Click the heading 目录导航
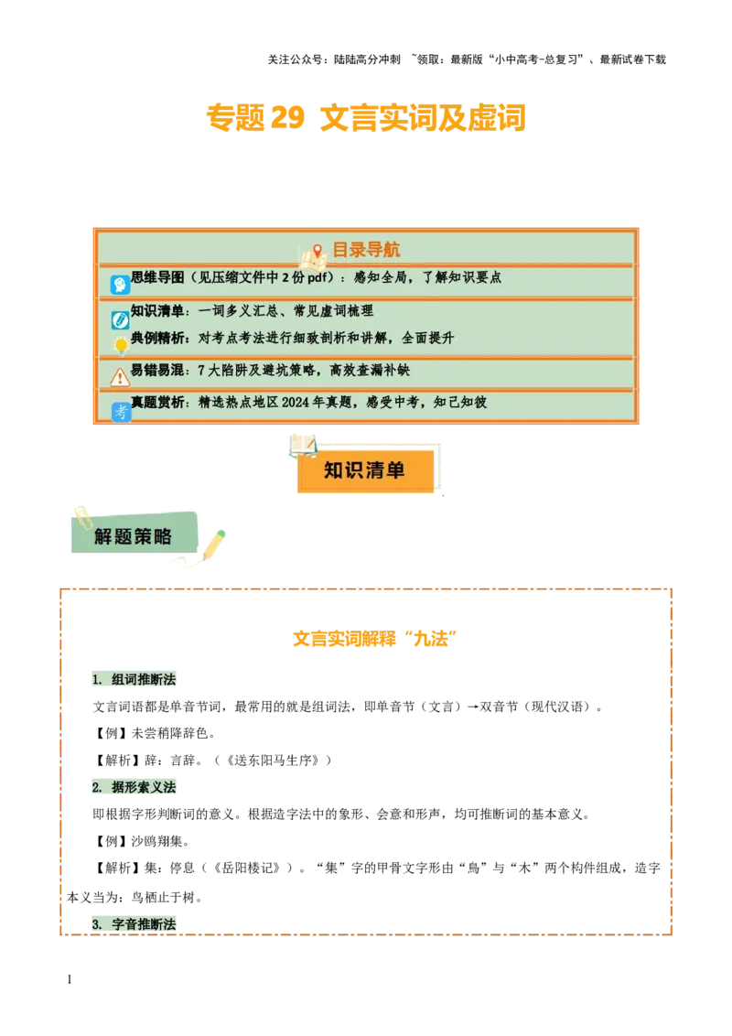tap(365, 250)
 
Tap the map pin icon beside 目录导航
tap(318, 252)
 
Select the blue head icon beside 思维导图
tap(120, 285)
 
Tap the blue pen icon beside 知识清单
tap(120, 319)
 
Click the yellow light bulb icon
tap(121, 346)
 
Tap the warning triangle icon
tap(120, 376)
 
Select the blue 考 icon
tap(121, 412)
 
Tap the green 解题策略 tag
tap(134, 536)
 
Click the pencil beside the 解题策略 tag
tap(214, 544)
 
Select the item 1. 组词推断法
tap(135, 680)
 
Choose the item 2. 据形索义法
tap(135, 787)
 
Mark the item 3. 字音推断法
tap(135, 924)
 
